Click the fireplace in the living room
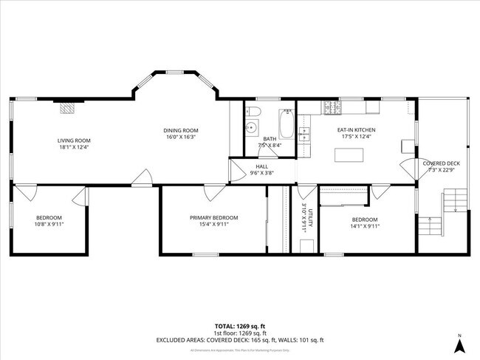point(68,108)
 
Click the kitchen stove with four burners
point(331,109)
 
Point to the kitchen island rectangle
point(350,155)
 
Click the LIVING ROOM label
point(74,140)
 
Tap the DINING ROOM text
point(181,131)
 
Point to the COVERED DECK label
point(441,163)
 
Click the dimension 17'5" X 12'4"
point(356,136)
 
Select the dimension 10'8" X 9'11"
point(49,224)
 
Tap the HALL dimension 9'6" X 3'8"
point(261,173)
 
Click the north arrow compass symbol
point(459,344)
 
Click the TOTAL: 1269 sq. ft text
point(239,326)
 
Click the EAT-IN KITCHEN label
point(356,129)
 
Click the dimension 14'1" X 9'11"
point(364,226)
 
